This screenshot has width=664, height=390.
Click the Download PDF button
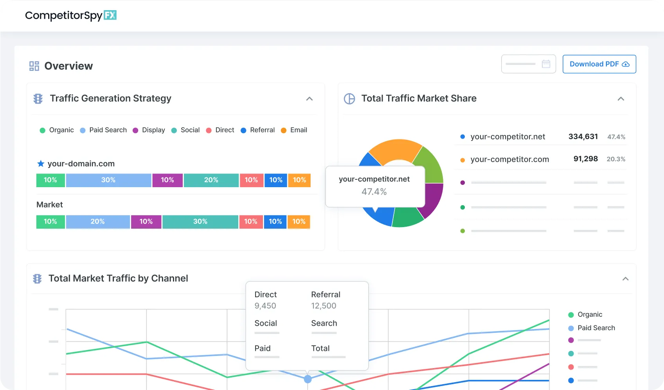pos(599,64)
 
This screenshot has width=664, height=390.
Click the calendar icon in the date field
pos(546,64)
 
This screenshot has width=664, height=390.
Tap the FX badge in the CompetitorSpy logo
pos(110,15)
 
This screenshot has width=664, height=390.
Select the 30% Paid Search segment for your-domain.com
pos(108,180)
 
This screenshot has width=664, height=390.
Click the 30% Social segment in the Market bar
pos(200,222)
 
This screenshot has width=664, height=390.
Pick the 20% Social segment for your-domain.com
pos(211,180)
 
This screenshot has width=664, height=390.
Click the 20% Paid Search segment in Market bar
pos(97,222)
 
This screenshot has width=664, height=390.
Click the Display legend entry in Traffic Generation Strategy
pos(153,130)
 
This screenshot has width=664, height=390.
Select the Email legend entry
pos(298,130)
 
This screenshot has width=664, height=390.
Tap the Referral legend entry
pos(262,130)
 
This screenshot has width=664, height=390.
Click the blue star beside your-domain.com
pos(41,164)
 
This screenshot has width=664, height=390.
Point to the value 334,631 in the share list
pos(583,137)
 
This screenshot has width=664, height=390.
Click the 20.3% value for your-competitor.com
pos(615,159)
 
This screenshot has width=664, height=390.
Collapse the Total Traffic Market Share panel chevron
pos(621,99)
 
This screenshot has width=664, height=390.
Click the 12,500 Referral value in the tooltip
pos(324,306)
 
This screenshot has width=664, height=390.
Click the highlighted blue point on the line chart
pos(308,379)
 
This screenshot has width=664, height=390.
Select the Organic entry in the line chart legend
pos(590,314)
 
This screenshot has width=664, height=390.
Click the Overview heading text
pos(68,66)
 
